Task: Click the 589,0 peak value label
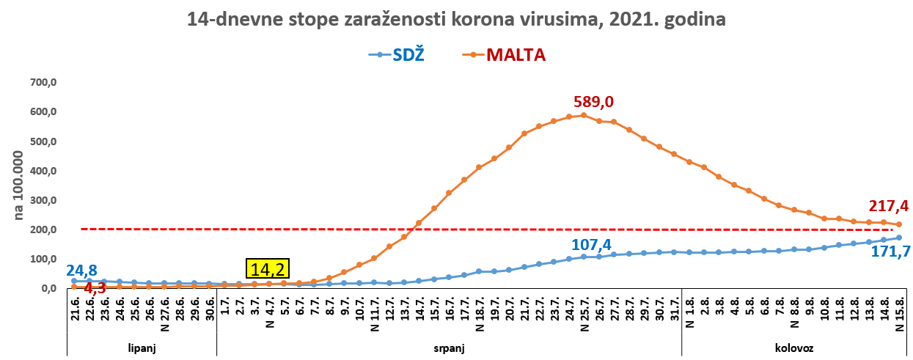[x=599, y=101]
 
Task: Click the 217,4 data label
[x=890, y=206]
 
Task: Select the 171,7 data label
[x=890, y=252]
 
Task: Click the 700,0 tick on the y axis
[x=43, y=83]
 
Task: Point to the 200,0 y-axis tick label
[x=43, y=229]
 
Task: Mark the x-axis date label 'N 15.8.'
[x=900, y=315]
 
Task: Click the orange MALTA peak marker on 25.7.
[x=584, y=115]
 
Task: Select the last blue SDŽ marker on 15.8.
[x=899, y=238]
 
